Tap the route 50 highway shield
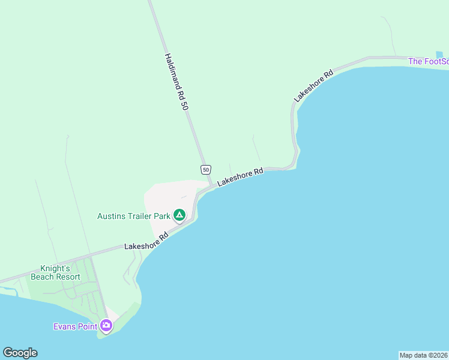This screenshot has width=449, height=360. click(x=206, y=170)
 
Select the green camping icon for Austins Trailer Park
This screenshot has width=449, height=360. click(x=179, y=215)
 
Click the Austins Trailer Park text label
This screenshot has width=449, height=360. click(x=133, y=215)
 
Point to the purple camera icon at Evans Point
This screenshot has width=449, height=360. click(x=106, y=326)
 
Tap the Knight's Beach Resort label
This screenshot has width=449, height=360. click(x=60, y=272)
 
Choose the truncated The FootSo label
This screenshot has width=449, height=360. click(x=427, y=61)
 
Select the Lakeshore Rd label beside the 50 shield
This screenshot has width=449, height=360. click(x=240, y=176)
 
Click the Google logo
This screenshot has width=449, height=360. click(x=20, y=352)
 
